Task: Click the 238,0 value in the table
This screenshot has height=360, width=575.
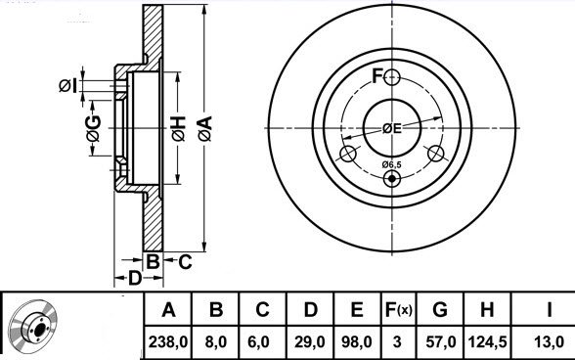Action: click(x=168, y=342)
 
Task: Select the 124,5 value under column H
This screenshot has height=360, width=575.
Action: click(x=487, y=342)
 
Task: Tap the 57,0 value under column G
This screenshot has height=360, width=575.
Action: click(x=441, y=342)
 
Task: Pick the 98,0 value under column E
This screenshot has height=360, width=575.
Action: click(x=357, y=342)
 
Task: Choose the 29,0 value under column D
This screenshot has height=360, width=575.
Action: click(x=310, y=342)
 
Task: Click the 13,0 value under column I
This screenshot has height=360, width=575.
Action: click(x=549, y=342)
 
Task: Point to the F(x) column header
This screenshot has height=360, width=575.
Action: click(x=398, y=310)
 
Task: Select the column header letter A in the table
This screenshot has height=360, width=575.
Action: click(x=168, y=310)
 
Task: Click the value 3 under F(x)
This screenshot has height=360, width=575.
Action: click(x=397, y=342)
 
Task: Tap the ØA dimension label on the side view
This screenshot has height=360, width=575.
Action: click(x=205, y=128)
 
